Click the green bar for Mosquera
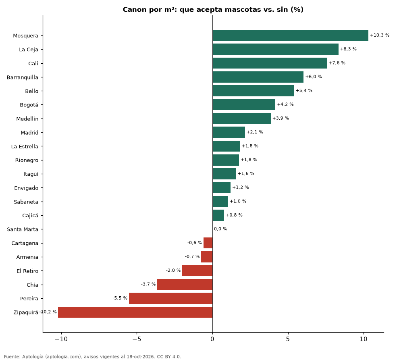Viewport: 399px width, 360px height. tap(290, 35)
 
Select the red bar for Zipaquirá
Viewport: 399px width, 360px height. tap(135, 312)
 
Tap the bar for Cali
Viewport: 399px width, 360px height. tap(270, 63)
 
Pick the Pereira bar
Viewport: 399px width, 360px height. tap(171, 298)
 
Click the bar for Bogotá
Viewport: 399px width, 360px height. tap(244, 105)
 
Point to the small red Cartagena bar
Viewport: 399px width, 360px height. tap(208, 243)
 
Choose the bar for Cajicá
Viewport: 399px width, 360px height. tap(218, 215)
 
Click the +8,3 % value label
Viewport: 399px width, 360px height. tap(348, 49)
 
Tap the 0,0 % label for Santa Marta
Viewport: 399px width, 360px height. tap(220, 229)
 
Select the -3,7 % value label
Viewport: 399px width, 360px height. tap(148, 284)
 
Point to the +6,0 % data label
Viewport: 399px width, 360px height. tap(314, 77)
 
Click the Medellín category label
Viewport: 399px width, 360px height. tap(27, 119)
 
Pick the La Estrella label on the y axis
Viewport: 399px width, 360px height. tap(25, 146)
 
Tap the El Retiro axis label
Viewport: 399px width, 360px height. tap(27, 271)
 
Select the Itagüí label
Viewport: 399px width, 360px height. tap(31, 174)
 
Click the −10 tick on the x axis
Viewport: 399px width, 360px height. tap(61, 339)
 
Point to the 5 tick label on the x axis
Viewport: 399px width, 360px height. tap(288, 339)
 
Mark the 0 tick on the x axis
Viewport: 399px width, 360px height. tap(212, 339)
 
